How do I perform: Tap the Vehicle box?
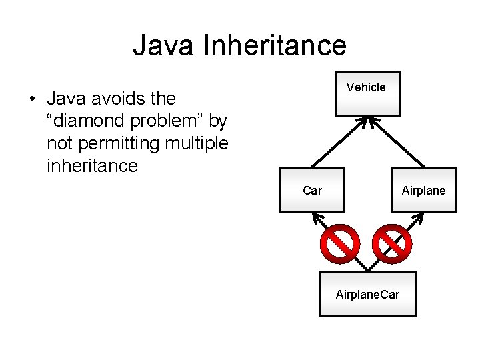(367, 94)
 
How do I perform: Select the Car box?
(312, 191)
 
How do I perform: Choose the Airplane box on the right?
(423, 191)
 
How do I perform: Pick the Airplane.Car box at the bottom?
(368, 293)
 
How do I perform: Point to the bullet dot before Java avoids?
(31, 99)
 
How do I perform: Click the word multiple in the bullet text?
(198, 143)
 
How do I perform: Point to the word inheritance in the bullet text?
(92, 165)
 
